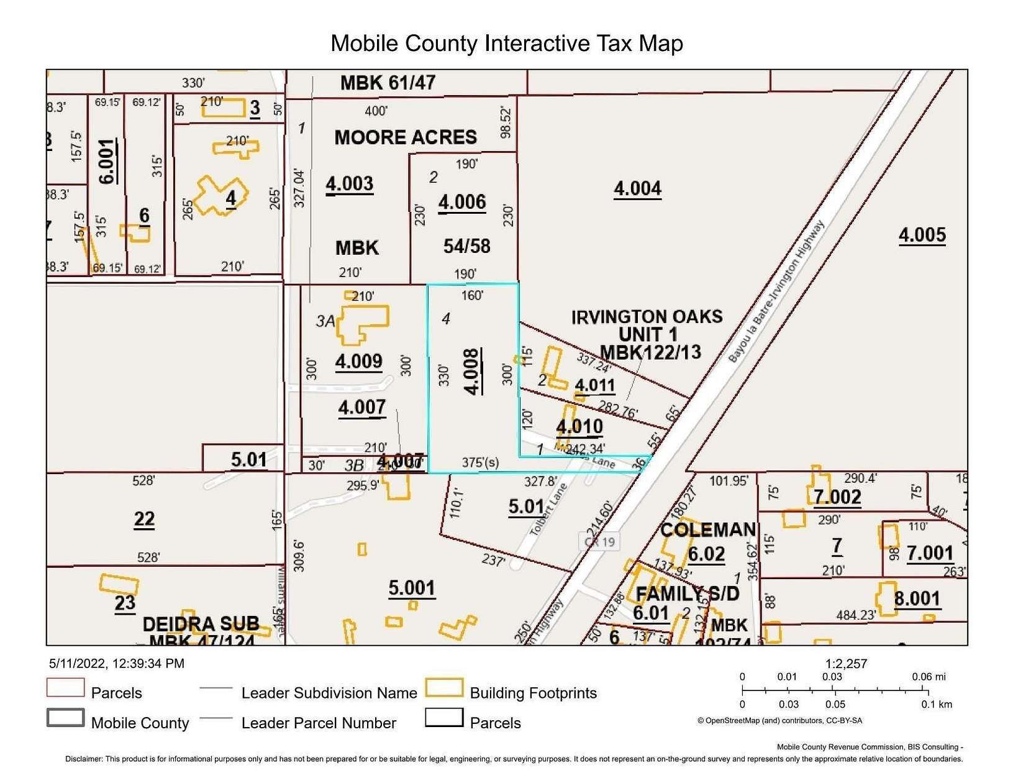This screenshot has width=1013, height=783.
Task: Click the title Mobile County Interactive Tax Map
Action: tap(506, 43)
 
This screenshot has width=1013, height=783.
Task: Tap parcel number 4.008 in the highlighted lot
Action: tap(473, 372)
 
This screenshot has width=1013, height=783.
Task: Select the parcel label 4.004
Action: tap(637, 189)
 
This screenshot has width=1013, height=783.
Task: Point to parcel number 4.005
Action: tap(922, 236)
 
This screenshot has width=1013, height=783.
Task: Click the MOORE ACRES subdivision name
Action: tap(406, 137)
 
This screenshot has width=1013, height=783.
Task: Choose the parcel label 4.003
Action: tap(350, 184)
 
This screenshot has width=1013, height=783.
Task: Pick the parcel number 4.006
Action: tap(462, 203)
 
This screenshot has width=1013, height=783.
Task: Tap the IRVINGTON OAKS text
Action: tap(647, 317)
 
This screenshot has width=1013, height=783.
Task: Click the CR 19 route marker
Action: tap(600, 541)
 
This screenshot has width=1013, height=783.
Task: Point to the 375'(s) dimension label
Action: tap(480, 462)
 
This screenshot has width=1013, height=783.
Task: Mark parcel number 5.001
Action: tap(412, 588)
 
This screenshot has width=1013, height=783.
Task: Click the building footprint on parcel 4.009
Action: tap(362, 324)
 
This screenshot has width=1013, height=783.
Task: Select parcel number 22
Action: tap(144, 519)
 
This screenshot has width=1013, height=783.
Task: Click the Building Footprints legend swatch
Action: tap(444, 688)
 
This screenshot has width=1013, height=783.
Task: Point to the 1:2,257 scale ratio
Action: tap(846, 663)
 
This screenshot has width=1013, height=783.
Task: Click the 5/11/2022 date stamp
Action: tap(116, 664)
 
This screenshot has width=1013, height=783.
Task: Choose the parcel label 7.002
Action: tap(837, 497)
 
